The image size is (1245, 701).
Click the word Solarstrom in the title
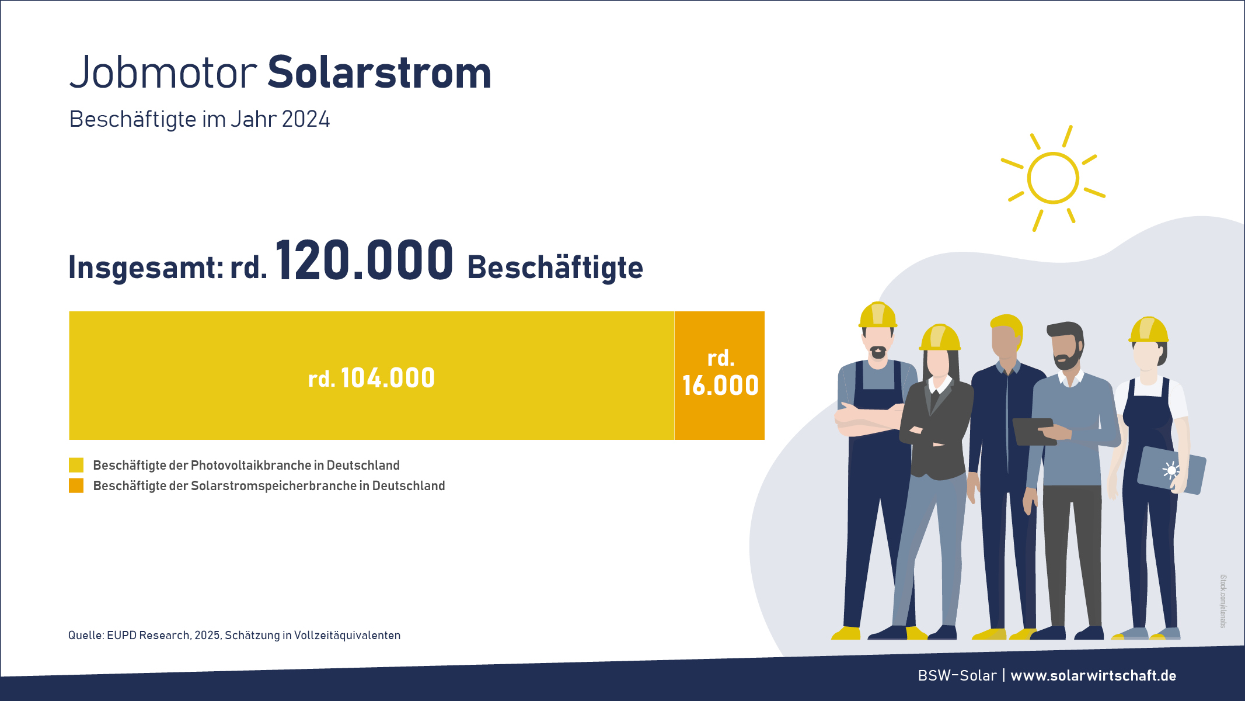pyautogui.click(x=379, y=72)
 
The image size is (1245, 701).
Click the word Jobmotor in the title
pyautogui.click(x=163, y=72)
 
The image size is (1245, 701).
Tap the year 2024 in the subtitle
pyautogui.click(x=306, y=119)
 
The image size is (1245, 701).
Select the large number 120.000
pyautogui.click(x=364, y=260)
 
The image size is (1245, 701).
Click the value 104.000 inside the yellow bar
pyautogui.click(x=388, y=378)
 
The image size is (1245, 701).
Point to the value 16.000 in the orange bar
pyautogui.click(x=720, y=386)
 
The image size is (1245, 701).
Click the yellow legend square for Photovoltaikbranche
pyautogui.click(x=76, y=465)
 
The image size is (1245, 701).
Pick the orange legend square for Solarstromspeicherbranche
pyautogui.click(x=76, y=485)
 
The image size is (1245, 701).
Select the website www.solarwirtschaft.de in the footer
pyautogui.click(x=1093, y=675)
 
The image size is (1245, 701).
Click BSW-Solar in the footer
pyautogui.click(x=957, y=675)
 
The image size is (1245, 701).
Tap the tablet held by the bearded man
pyautogui.click(x=1034, y=432)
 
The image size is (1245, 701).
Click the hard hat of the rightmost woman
pyautogui.click(x=1148, y=329)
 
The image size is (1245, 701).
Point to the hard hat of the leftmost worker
pyautogui.click(x=878, y=315)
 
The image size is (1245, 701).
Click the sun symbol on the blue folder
pyautogui.click(x=1171, y=470)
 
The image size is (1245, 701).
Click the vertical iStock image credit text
pyautogui.click(x=1223, y=601)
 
